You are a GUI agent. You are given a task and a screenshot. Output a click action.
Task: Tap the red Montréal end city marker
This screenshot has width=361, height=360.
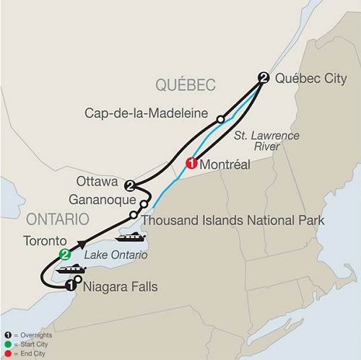pyautogui.click(x=192, y=164)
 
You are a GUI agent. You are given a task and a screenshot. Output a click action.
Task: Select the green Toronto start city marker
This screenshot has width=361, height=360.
pyautogui.click(x=65, y=254)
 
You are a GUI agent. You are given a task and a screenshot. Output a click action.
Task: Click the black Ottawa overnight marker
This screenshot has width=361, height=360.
pyautogui.click(x=130, y=185)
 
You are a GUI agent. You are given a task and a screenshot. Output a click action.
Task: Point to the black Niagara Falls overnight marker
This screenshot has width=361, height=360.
pyautogui.click(x=70, y=286)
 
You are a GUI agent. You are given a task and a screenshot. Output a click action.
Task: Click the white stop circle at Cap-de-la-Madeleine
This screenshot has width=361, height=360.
pyautogui.click(x=221, y=118)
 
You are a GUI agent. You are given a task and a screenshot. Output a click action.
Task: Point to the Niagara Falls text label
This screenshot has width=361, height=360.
pyautogui.click(x=120, y=288)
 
